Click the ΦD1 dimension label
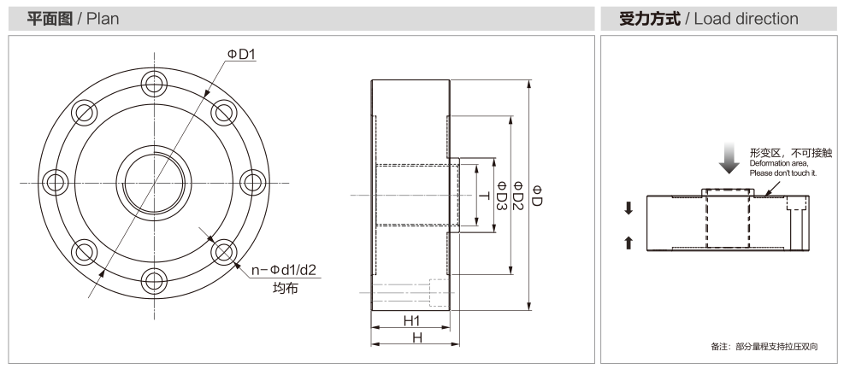coord(241,54)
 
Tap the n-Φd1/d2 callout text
coord(284,269)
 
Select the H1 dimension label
coord(412,320)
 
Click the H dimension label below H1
coord(416,337)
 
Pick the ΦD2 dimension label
coord(518,196)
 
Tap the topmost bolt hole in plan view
coord(155,84)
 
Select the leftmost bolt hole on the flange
coord(56,182)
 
